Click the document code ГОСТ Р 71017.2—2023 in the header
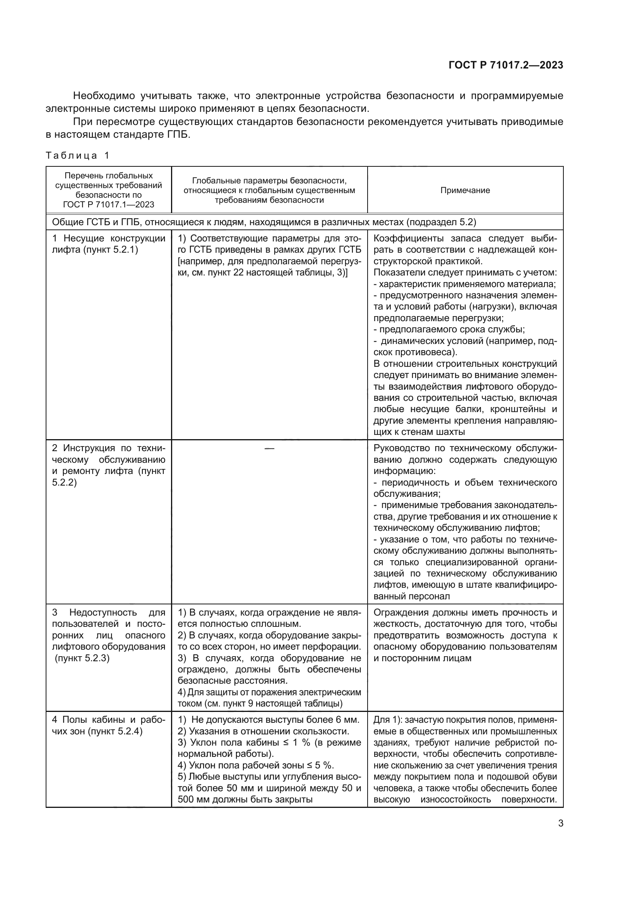point(506,65)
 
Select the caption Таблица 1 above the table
point(77,155)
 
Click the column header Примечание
point(465,190)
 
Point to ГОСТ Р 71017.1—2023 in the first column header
point(108,204)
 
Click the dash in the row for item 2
point(269,448)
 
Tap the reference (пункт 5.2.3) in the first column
point(82,658)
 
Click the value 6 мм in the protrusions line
point(347,720)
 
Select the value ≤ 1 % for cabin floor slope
point(311,742)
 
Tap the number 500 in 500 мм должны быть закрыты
point(186,799)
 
